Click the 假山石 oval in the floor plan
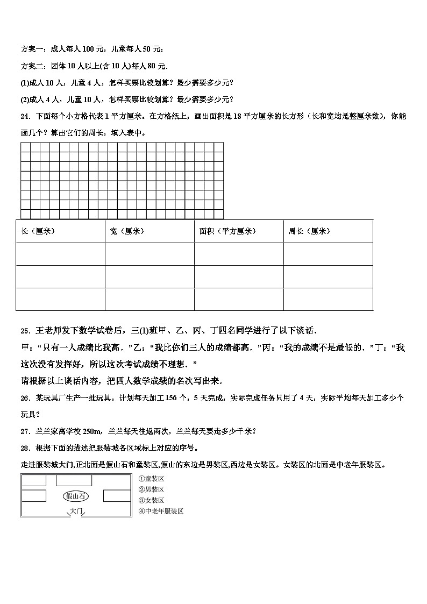point(76,496)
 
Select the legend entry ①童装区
point(151,479)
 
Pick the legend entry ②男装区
point(151,489)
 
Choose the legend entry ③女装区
point(151,500)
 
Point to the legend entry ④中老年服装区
point(161,511)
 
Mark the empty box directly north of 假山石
point(76,480)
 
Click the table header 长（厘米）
point(38,231)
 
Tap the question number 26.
point(25,398)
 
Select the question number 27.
point(25,431)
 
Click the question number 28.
point(25,447)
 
